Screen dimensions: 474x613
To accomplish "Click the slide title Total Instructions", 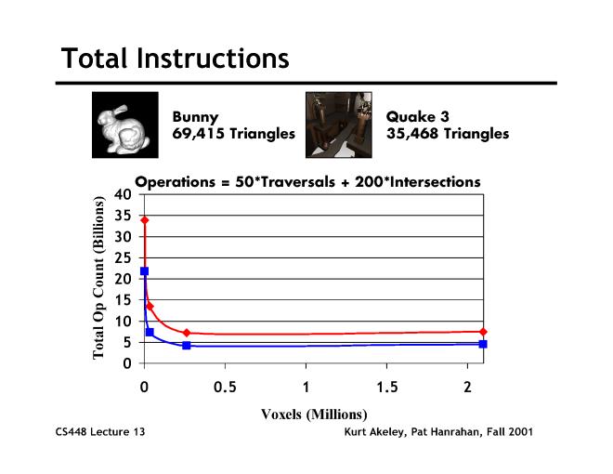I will tap(176, 59).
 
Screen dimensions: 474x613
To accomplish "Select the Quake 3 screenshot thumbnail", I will tap(339, 124).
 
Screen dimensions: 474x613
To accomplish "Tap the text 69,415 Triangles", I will tap(233, 134).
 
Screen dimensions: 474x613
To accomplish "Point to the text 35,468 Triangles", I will tap(448, 134).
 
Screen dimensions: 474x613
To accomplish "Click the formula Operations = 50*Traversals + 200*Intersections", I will tap(307, 182).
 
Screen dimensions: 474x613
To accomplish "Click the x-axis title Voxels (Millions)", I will tap(314, 414).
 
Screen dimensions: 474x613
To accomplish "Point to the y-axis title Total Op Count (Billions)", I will tap(98, 279).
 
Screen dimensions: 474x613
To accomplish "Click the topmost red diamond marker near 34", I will tap(144, 220).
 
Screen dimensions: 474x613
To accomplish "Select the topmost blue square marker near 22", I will tap(144, 271).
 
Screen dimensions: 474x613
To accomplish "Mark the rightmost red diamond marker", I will tap(483, 332).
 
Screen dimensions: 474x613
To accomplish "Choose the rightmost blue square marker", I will tap(483, 344).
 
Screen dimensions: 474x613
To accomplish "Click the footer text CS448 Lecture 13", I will tap(100, 433).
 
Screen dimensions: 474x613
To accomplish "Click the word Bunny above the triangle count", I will tap(196, 118).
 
